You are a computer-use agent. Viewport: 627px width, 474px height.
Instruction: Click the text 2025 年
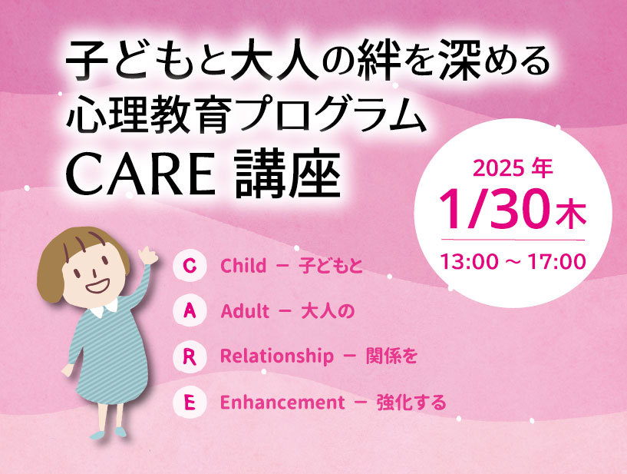click(x=512, y=168)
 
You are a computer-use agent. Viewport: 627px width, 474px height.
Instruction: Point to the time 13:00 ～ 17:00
click(x=513, y=262)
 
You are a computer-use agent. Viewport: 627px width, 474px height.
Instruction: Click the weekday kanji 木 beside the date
click(x=571, y=214)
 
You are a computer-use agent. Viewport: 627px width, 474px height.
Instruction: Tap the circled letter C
click(x=190, y=266)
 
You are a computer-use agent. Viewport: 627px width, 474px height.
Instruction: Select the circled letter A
click(x=190, y=311)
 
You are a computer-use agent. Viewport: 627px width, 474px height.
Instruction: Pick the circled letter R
click(x=190, y=356)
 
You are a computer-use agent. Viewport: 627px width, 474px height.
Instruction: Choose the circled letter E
click(x=190, y=403)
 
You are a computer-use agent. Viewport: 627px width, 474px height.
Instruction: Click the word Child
click(x=243, y=265)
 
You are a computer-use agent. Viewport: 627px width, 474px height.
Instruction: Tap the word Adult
click(x=245, y=311)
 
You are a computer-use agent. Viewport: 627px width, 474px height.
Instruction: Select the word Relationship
click(x=277, y=356)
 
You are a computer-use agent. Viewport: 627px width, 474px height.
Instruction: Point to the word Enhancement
click(x=282, y=403)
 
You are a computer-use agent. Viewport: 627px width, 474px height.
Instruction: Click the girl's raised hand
click(x=147, y=255)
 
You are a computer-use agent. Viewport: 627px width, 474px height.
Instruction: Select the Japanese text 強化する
click(x=411, y=403)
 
